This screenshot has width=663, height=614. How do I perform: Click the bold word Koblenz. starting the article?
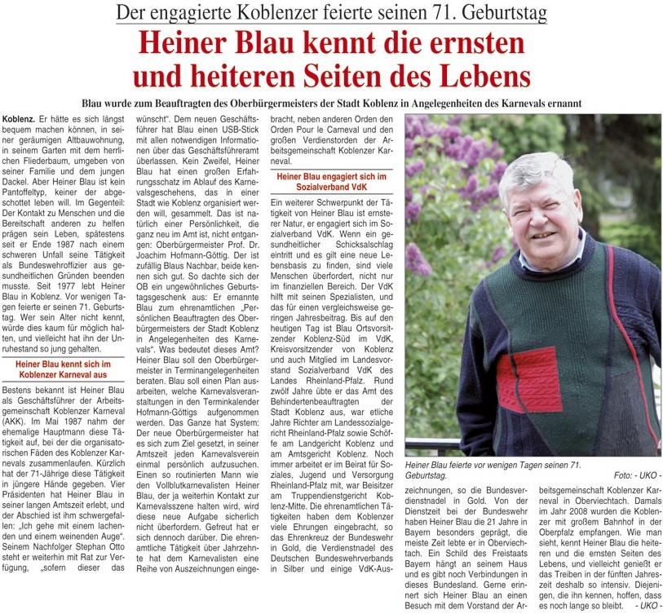(x=20, y=120)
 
